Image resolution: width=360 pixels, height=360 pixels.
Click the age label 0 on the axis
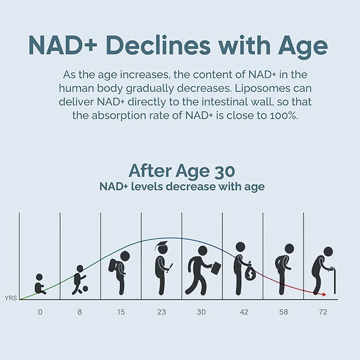click(x=40, y=312)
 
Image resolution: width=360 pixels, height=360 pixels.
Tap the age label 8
click(x=79, y=312)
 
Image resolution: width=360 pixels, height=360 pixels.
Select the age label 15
click(x=120, y=312)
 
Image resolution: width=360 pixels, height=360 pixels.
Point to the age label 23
click(x=161, y=312)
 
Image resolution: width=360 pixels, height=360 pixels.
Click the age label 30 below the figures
click(x=201, y=312)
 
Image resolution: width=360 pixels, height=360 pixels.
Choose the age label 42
click(x=244, y=312)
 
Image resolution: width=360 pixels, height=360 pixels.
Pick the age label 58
click(x=283, y=312)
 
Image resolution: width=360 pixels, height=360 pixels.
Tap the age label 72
click(x=323, y=312)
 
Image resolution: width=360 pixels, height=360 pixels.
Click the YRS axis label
click(x=11, y=298)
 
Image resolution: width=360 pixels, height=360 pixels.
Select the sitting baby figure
click(x=39, y=285)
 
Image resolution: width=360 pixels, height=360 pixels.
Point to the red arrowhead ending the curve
click(x=324, y=294)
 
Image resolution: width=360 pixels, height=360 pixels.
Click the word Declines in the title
click(x=159, y=46)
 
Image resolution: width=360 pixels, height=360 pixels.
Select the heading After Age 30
click(x=182, y=171)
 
